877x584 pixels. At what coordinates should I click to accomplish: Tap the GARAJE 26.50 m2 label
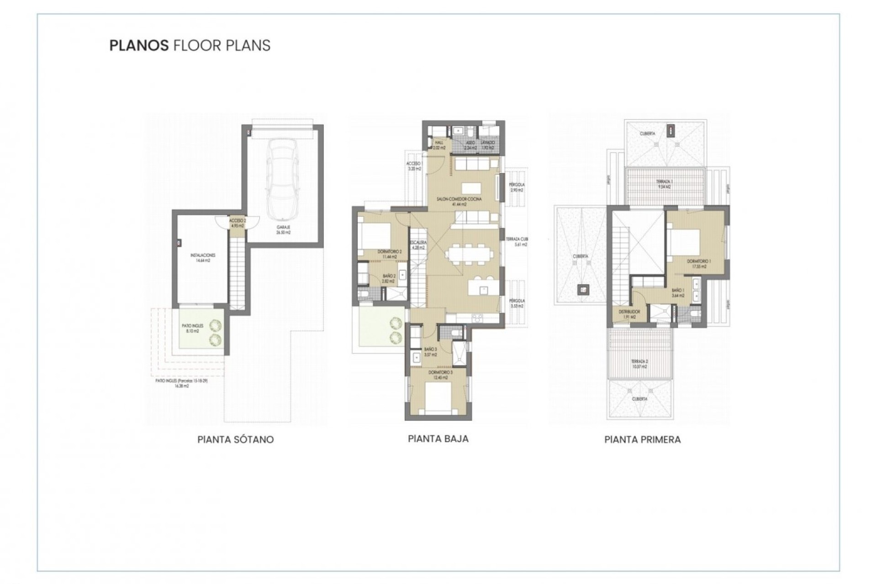[283, 229]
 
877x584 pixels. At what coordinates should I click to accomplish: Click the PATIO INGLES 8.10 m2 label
[192, 328]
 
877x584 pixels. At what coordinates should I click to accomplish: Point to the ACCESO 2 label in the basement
[238, 223]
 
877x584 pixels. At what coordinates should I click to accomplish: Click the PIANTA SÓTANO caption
[235, 440]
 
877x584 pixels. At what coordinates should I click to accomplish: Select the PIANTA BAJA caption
[438, 439]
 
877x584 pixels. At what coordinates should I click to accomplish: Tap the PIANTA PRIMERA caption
[642, 440]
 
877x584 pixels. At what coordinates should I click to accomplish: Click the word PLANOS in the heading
[138, 46]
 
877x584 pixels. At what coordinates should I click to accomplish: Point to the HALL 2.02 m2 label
[439, 145]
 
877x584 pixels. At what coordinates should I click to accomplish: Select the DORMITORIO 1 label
[699, 264]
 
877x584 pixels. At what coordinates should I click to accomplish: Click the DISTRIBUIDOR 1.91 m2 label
[629, 314]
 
